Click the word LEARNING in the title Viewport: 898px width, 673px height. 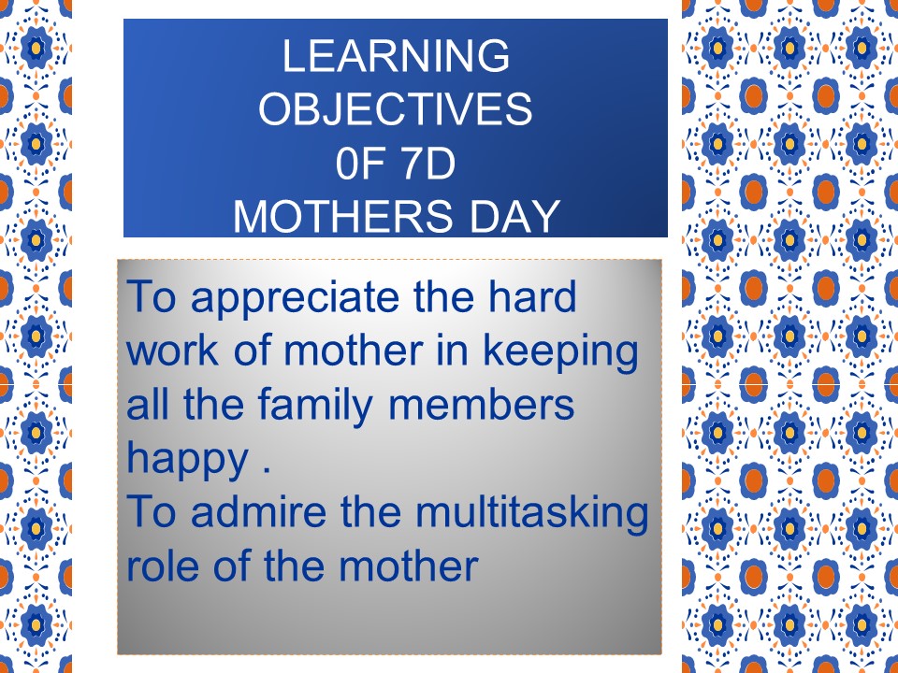coord(396,55)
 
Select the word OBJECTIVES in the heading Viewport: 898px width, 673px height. coord(396,108)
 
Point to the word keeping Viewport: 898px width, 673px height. coord(560,353)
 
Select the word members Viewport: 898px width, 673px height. coord(481,404)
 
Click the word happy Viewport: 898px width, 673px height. coord(187,461)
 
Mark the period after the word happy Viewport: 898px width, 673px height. coord(266,470)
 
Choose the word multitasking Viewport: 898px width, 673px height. coord(532,514)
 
